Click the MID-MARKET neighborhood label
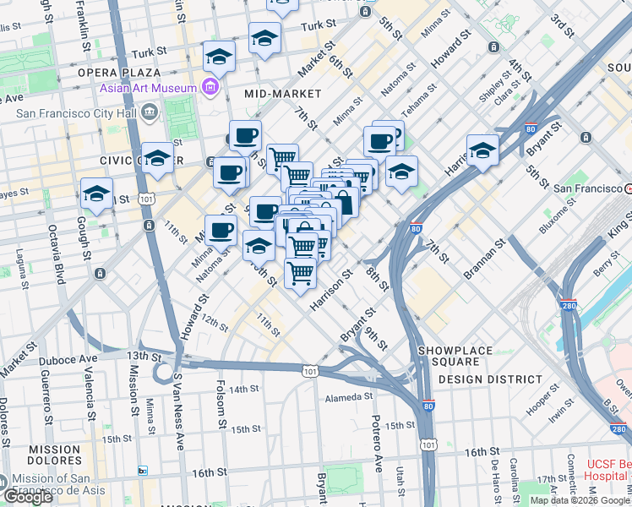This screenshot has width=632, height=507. click(x=282, y=93)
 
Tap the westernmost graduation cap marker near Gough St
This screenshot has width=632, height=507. click(x=97, y=194)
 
